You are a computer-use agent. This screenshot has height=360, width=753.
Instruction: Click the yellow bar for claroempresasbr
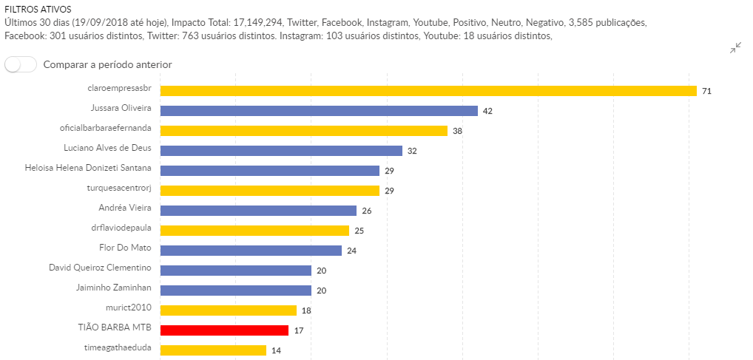click(428, 91)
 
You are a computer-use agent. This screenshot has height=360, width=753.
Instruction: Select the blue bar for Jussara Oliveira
click(319, 111)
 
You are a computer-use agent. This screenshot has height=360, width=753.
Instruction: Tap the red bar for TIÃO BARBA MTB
click(224, 330)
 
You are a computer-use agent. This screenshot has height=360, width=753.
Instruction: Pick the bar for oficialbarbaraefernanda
click(304, 131)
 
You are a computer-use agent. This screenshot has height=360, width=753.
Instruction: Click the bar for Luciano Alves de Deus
click(281, 151)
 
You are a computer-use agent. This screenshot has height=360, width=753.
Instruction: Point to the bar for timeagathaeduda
click(213, 350)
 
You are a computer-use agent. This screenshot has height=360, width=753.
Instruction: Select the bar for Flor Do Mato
click(251, 251)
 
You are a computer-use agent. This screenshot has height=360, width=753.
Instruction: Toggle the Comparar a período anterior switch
click(21, 64)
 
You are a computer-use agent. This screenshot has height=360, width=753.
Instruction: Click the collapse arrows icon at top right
click(735, 49)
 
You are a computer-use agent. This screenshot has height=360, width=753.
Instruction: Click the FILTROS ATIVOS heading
click(38, 10)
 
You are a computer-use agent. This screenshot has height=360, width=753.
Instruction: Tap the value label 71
click(706, 91)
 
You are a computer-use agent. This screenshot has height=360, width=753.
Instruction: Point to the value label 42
click(487, 111)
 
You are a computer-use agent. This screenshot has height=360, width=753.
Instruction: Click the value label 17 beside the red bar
click(298, 330)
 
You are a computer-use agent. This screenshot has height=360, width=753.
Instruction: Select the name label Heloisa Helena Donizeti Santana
click(88, 168)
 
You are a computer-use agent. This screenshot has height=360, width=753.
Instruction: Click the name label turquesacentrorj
click(119, 188)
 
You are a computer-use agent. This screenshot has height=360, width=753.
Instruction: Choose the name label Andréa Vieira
click(125, 208)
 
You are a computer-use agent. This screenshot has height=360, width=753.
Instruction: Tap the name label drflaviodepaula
click(121, 228)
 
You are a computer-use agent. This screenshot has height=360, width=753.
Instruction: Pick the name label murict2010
click(129, 307)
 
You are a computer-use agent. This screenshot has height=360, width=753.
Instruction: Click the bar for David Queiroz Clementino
click(236, 271)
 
